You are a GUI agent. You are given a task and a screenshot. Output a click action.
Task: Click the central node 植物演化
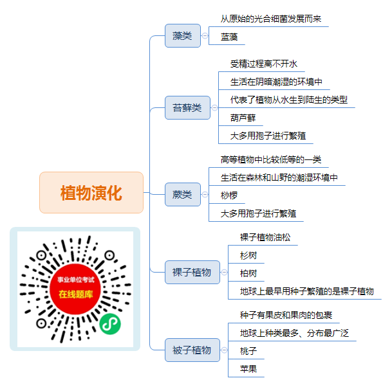click(91, 192)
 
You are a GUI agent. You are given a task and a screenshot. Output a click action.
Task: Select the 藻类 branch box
click(183, 36)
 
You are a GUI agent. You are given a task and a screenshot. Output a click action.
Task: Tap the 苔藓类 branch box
click(187, 107)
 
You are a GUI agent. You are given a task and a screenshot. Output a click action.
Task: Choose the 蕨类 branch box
click(183, 195)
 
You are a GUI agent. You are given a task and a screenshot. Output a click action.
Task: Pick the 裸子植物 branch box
click(192, 272)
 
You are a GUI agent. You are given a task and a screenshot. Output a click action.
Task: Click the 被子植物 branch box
click(192, 350)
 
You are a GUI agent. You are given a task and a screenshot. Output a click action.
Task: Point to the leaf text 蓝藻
click(229, 37)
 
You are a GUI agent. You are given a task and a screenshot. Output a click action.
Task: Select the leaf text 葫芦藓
click(243, 118)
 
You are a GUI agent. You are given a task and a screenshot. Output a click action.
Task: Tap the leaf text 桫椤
click(229, 195)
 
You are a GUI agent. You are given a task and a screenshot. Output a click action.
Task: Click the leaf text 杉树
click(248, 255)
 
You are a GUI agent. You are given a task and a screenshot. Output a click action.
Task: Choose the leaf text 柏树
click(248, 273)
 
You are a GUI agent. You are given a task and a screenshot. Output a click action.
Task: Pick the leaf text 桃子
click(248, 351)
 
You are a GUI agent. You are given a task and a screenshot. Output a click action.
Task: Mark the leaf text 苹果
click(248, 369)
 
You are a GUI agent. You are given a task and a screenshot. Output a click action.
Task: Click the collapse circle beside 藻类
click(205, 36)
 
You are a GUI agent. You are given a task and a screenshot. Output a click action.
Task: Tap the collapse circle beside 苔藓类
click(214, 107)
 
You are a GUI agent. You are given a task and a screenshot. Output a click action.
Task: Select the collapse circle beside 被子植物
click(224, 350)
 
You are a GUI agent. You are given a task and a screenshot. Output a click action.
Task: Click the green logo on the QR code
click(110, 324)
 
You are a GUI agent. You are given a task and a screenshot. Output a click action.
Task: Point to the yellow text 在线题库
click(76, 294)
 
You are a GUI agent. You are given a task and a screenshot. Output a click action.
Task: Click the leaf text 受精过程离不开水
click(264, 64)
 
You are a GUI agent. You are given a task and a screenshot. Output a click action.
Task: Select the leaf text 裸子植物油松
click(265, 237)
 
